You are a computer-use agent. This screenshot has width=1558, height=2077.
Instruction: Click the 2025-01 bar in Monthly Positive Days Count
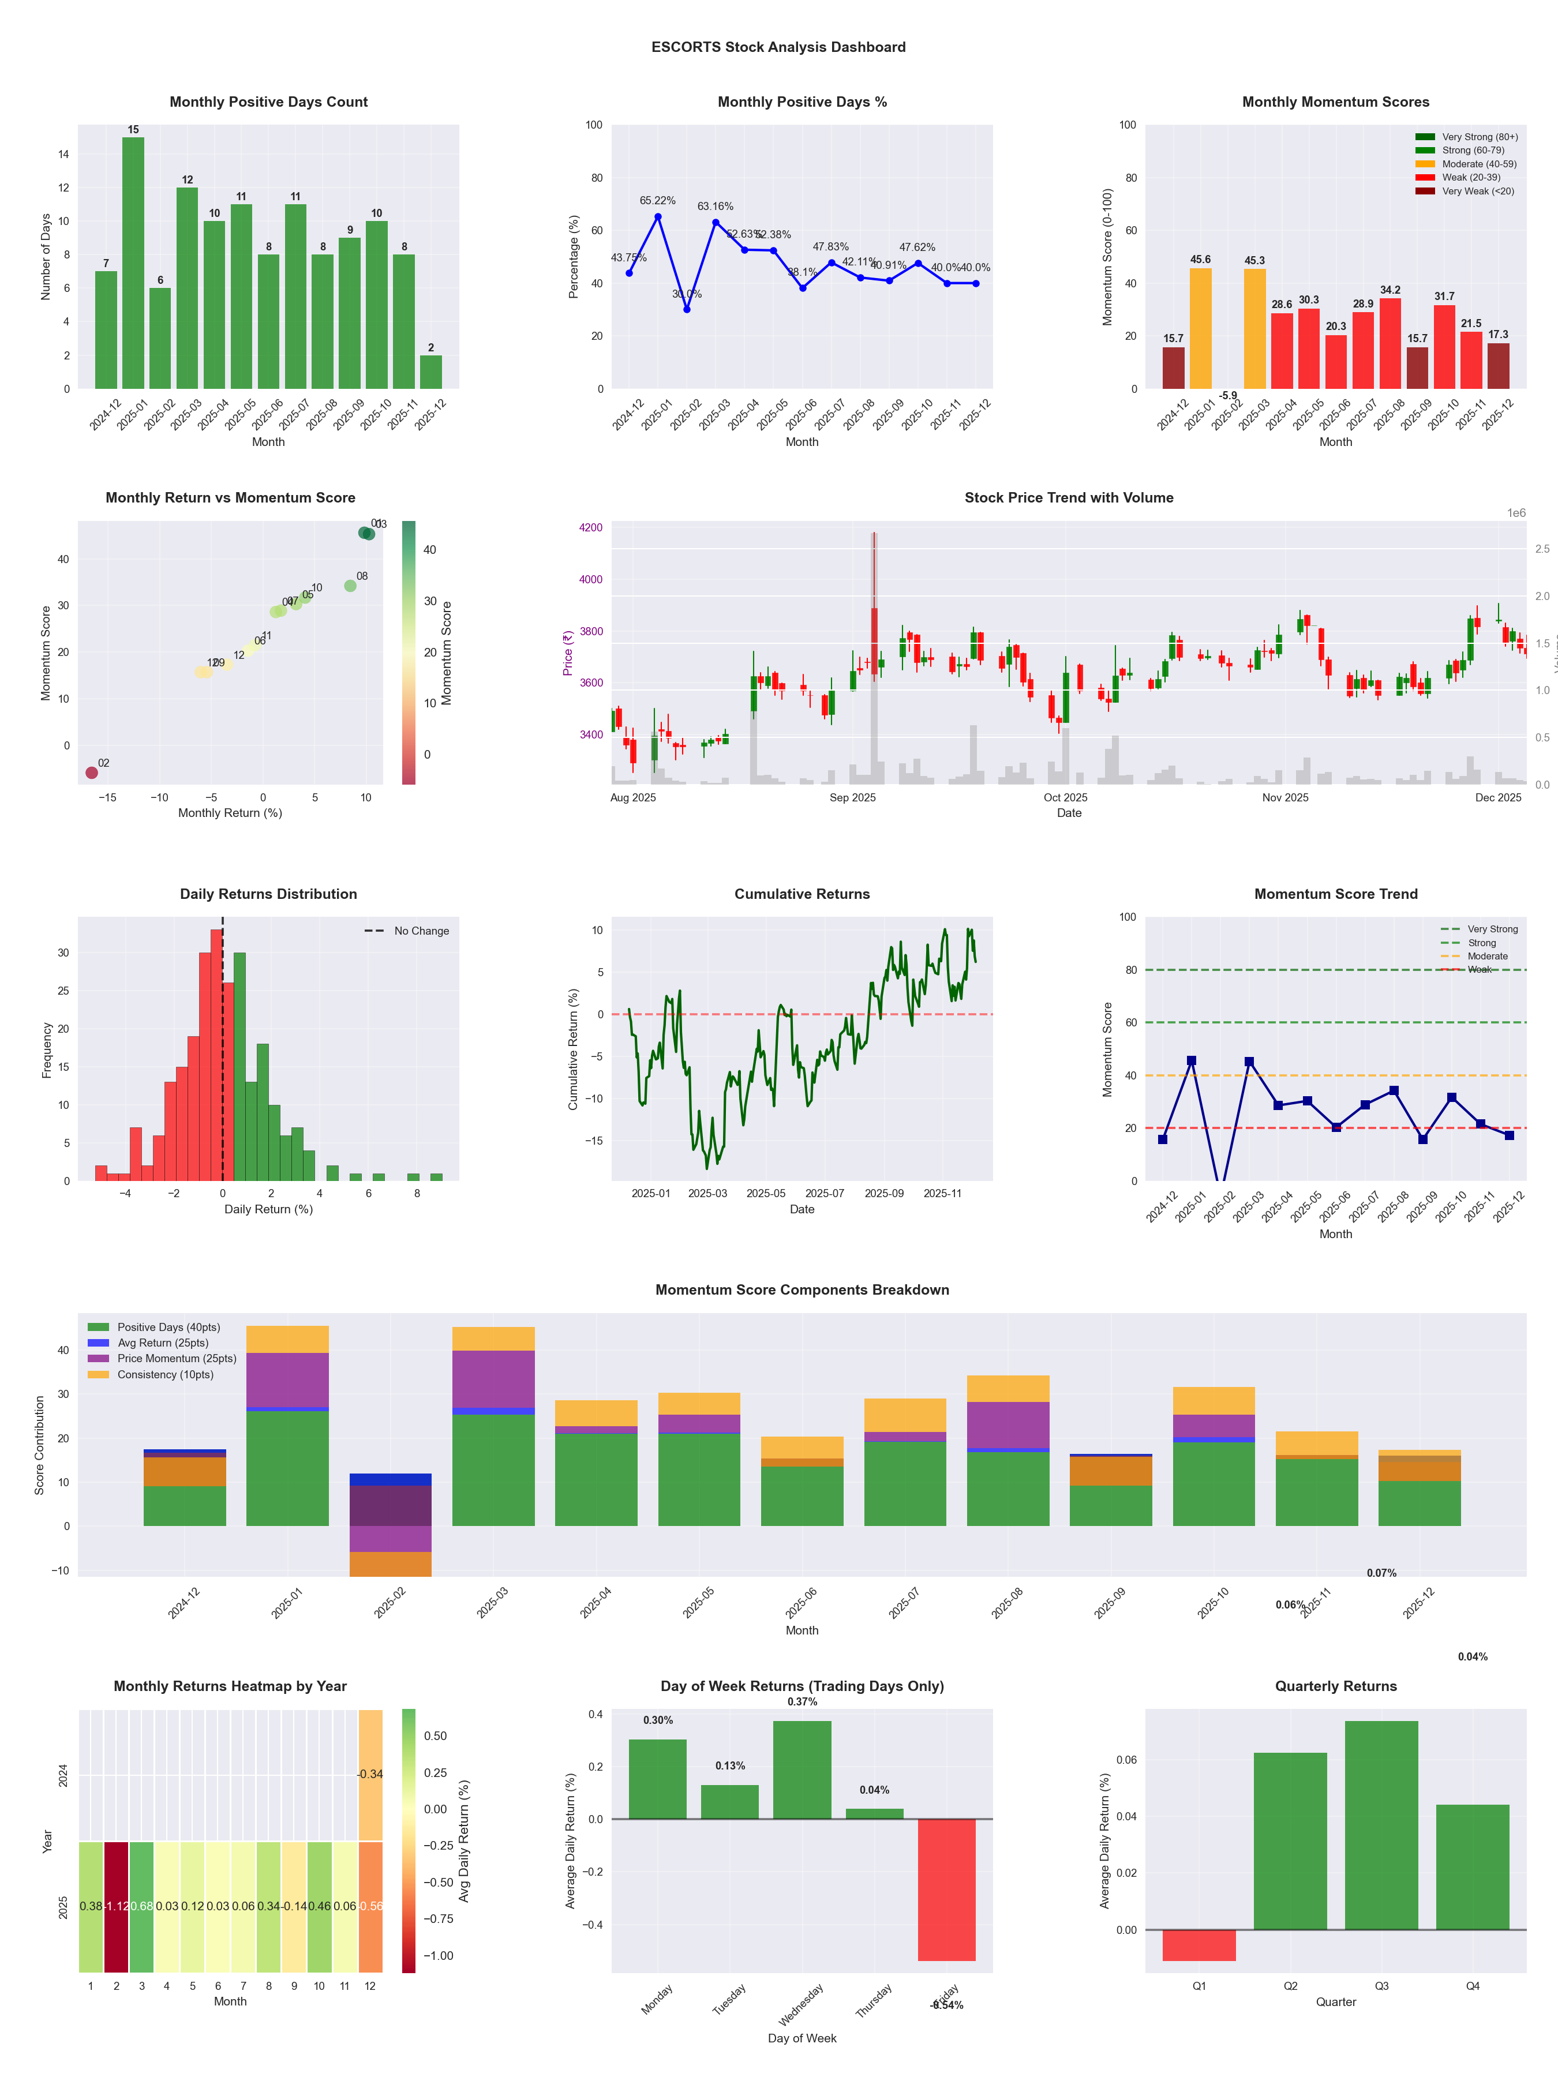point(133,263)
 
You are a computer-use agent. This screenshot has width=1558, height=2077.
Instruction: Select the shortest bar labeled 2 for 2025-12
point(431,372)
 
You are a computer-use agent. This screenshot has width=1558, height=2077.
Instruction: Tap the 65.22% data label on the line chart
point(657,200)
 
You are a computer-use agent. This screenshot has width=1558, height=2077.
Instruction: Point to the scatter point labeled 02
point(91,773)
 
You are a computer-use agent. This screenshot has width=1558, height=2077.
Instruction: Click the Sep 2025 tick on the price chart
point(852,798)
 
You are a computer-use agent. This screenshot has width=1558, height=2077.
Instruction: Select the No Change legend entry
point(407,931)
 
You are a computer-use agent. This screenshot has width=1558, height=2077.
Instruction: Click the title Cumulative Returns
point(802,894)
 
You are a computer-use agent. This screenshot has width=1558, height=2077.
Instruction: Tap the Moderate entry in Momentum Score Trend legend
point(1478,956)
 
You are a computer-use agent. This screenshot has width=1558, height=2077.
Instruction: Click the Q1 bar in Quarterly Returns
point(1199,1945)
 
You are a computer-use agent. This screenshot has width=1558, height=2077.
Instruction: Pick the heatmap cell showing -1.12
point(117,1907)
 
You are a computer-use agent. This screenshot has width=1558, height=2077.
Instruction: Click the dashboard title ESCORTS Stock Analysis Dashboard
point(778,47)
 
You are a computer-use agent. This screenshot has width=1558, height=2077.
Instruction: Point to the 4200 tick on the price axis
point(591,528)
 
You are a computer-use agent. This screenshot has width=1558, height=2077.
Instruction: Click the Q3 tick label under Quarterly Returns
point(1381,1986)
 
